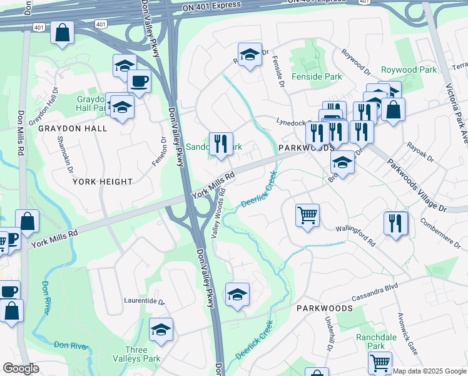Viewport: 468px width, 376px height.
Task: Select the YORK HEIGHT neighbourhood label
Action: pos(103,182)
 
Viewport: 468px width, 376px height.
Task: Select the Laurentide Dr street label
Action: pos(144,301)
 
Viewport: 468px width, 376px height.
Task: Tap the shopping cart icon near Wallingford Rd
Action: pos(307,216)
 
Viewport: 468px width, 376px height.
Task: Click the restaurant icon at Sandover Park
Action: pos(220,144)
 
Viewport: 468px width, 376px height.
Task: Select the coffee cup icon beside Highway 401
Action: pos(139,81)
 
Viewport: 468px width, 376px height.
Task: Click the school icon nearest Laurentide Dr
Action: pos(161,329)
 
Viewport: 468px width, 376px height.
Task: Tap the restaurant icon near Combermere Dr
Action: pos(395,223)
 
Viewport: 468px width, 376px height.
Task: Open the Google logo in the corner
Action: pos(21,369)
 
